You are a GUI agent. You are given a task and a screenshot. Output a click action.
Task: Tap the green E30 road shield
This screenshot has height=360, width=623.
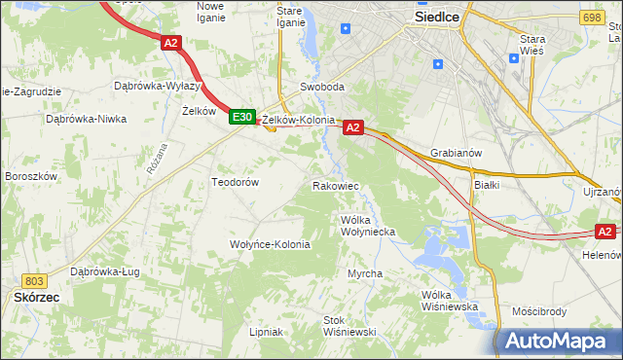pyautogui.click(x=242, y=117)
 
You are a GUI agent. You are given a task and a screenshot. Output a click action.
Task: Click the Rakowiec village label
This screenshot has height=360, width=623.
pyautogui.click(x=336, y=185)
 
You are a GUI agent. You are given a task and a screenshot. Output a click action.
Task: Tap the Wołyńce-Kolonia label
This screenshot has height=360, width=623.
pyautogui.click(x=270, y=244)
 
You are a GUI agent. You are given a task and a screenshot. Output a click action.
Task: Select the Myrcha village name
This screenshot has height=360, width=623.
pyautogui.click(x=365, y=274)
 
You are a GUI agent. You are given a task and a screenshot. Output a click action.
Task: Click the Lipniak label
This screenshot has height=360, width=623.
pyautogui.click(x=266, y=332)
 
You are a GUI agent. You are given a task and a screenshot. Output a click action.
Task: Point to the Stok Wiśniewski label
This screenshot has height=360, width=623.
pyautogui.click(x=349, y=326)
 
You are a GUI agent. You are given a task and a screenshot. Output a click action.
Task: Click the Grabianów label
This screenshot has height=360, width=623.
pyautogui.click(x=457, y=153)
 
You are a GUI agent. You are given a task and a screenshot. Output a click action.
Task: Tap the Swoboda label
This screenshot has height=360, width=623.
pyautogui.click(x=322, y=87)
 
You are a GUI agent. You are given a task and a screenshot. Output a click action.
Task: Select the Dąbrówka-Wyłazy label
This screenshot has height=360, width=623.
pyautogui.click(x=158, y=86)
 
